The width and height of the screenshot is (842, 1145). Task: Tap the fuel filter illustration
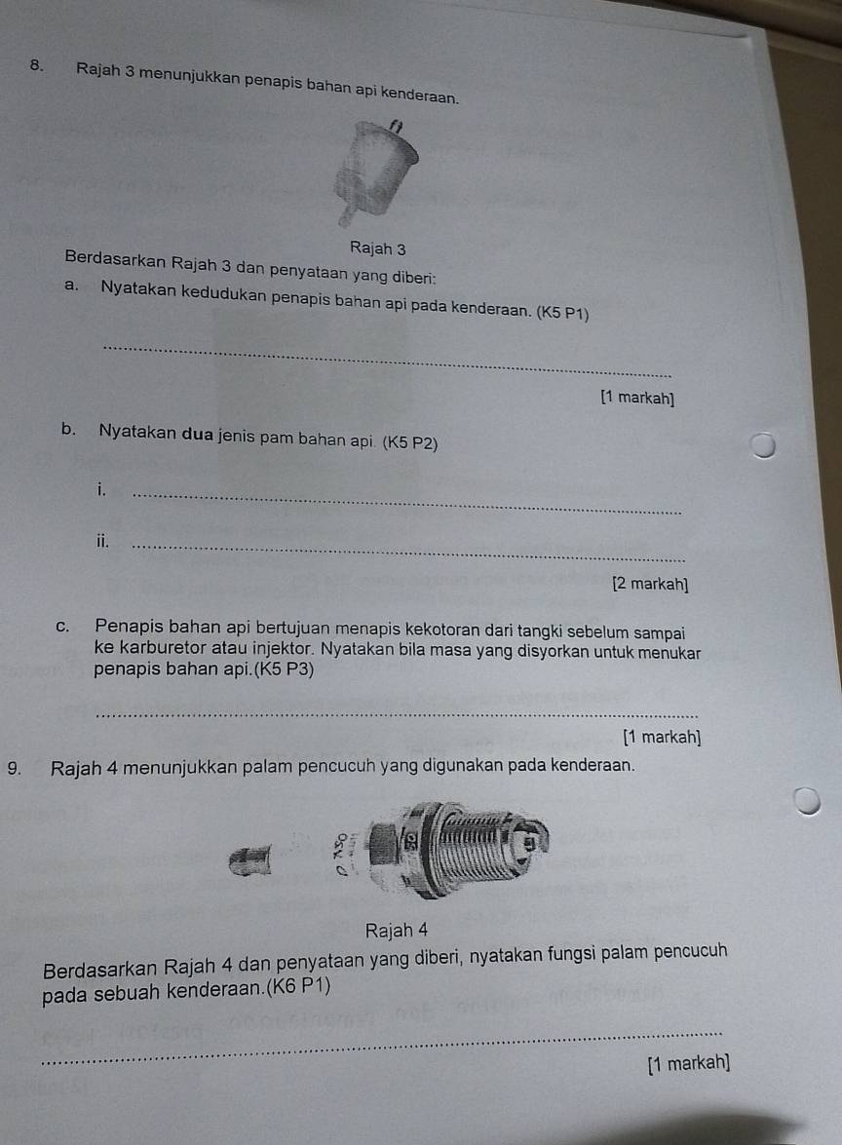pos(375,172)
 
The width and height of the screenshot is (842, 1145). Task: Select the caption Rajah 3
pos(377,248)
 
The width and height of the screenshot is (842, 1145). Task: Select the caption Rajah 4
pos(396,931)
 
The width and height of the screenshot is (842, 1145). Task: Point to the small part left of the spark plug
pos(249,860)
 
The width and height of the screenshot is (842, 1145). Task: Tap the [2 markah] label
pos(650,584)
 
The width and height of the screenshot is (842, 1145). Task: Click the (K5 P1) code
pos(562,313)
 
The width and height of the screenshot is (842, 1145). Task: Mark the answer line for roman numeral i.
pos(406,504)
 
